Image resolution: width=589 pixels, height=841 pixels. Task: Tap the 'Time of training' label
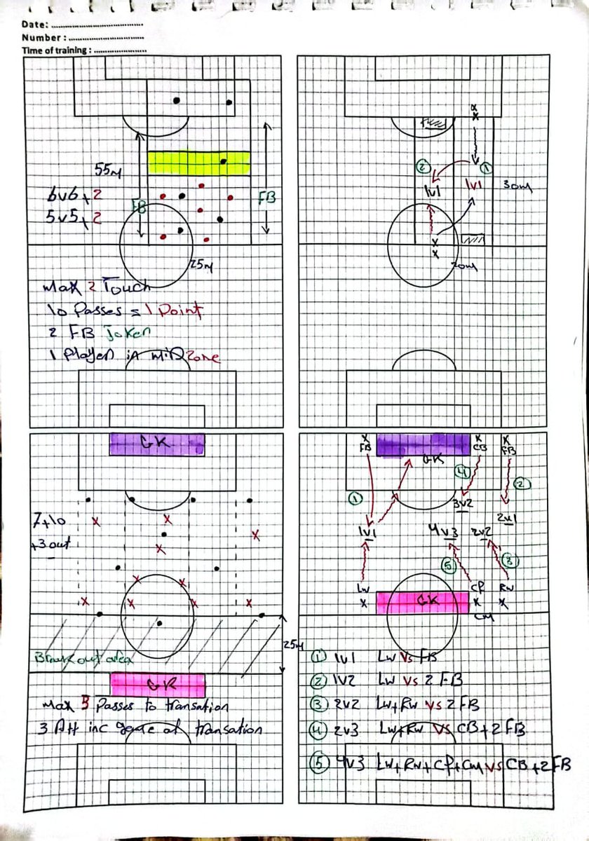(x=55, y=50)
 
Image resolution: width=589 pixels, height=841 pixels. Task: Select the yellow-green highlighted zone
(x=199, y=163)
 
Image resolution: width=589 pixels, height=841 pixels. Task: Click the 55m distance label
(x=109, y=170)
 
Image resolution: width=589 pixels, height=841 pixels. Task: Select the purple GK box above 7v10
(x=157, y=444)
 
